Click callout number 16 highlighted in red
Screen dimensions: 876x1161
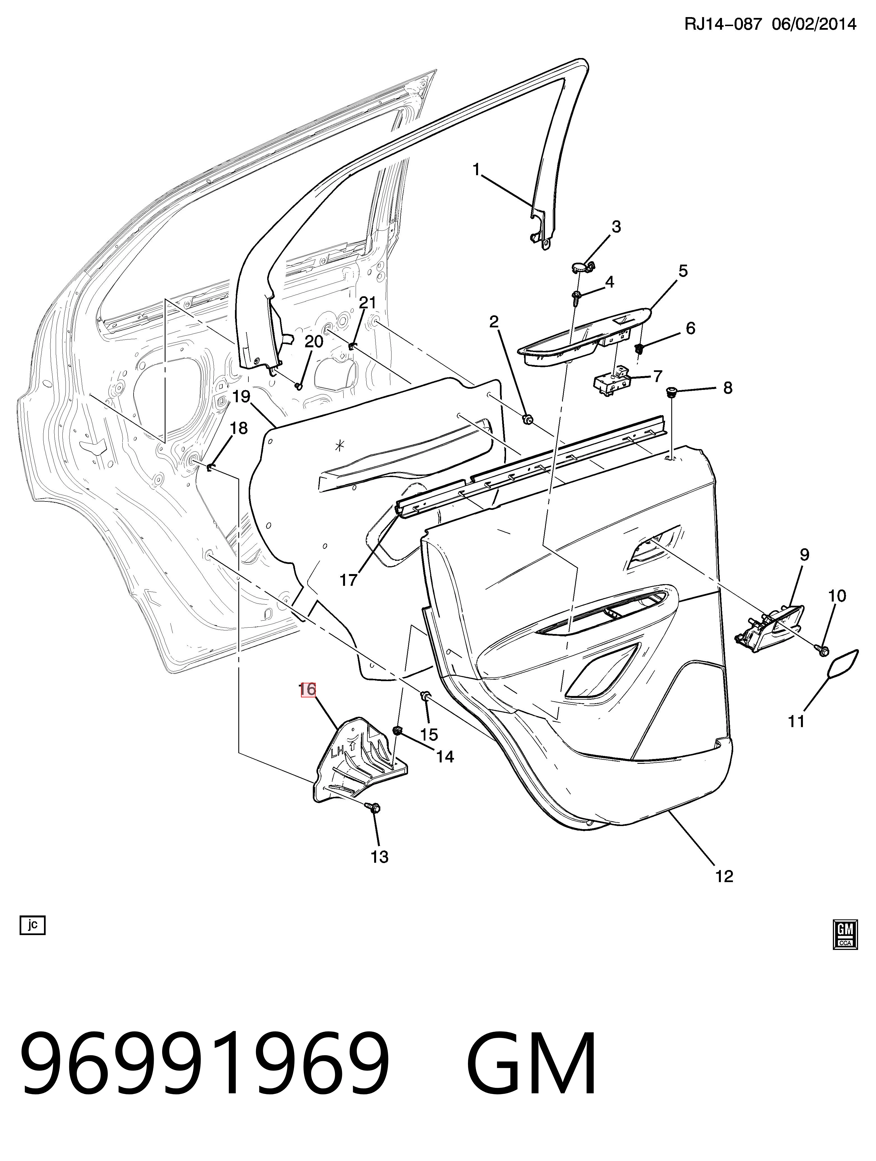[x=308, y=689]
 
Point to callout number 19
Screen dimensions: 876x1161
[x=241, y=396]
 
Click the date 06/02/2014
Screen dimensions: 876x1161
[x=814, y=24]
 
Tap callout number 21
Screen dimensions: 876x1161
[x=368, y=302]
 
